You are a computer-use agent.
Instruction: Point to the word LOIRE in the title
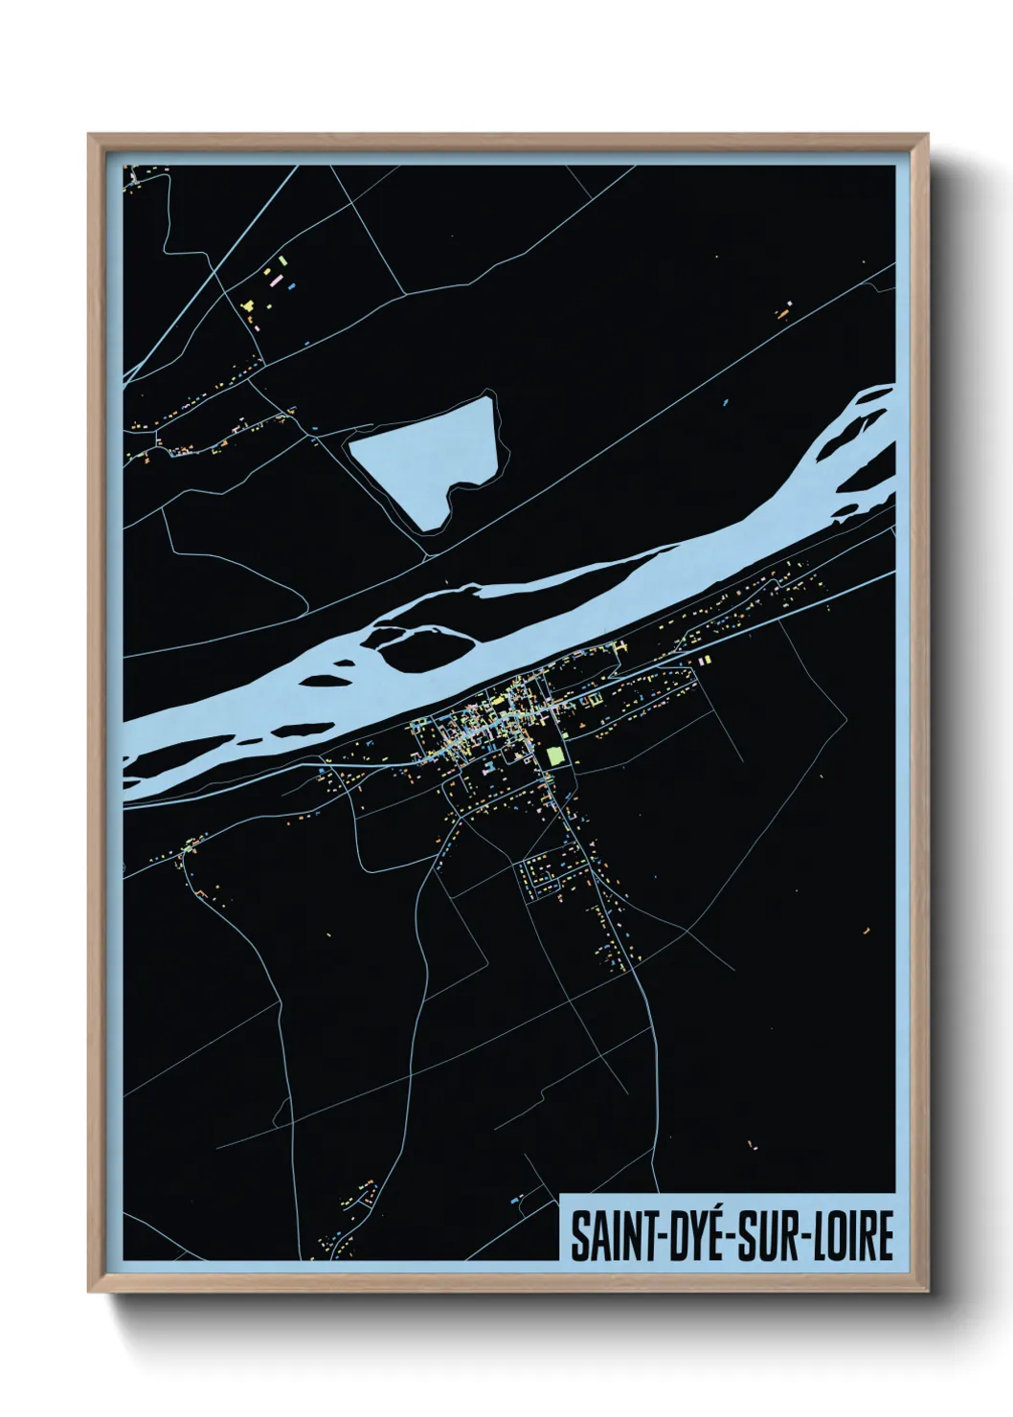pyautogui.click(x=854, y=1238)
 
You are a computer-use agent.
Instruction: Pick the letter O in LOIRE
pyautogui.click(x=843, y=1238)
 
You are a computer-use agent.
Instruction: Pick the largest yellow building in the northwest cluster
pyautogui.click(x=249, y=306)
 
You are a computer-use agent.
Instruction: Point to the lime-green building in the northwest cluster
pyautogui.click(x=282, y=259)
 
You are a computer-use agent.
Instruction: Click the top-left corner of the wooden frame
pyautogui.click(x=89, y=135)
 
